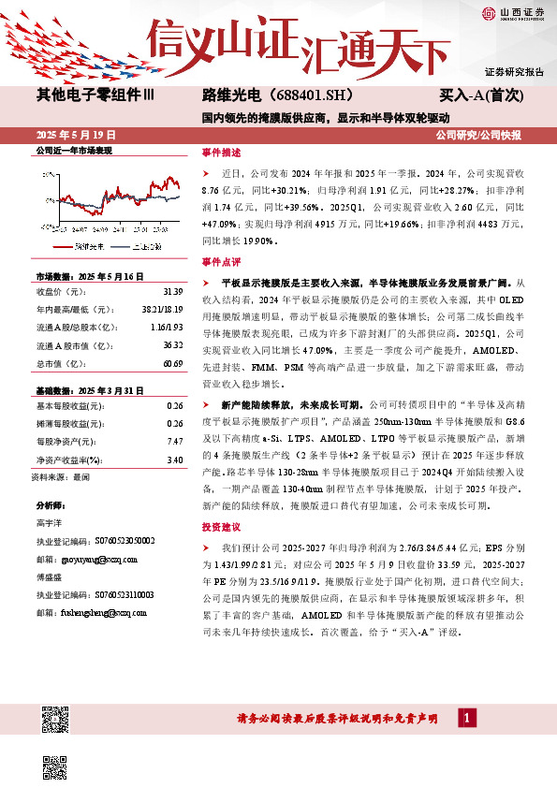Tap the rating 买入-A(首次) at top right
point(481,95)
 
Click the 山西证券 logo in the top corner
point(506,12)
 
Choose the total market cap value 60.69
point(171,362)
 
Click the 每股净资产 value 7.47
point(173,440)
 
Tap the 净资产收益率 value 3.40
point(173,460)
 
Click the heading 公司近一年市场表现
point(73,151)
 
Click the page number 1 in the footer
point(467,718)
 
